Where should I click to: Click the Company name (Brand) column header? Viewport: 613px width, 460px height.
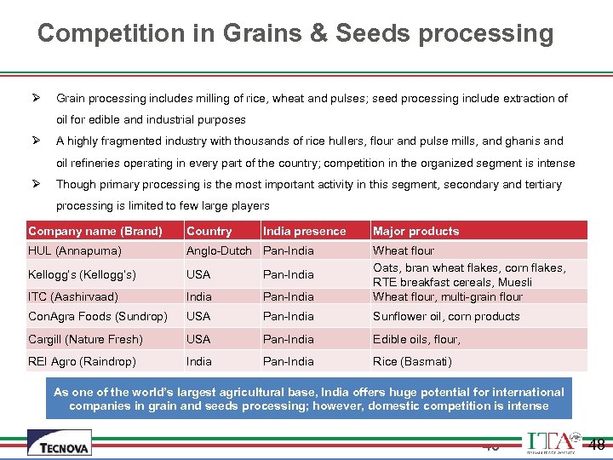(x=95, y=231)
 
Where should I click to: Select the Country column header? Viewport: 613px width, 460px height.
(x=209, y=231)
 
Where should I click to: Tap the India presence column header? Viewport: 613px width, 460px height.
(x=304, y=231)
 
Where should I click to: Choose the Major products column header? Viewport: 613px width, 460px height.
(x=415, y=231)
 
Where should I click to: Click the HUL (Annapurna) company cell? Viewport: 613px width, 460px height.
(x=75, y=250)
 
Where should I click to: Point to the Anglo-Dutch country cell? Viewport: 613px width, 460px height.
(x=219, y=250)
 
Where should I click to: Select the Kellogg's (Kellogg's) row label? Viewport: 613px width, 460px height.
(x=82, y=274)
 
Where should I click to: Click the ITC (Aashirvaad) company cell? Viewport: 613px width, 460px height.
(x=73, y=296)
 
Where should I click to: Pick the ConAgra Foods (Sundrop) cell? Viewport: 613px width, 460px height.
(x=97, y=316)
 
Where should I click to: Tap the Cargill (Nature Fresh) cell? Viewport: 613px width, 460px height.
(x=85, y=339)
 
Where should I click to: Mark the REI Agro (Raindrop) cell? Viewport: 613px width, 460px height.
(x=82, y=361)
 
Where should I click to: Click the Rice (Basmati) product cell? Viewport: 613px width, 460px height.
(x=412, y=361)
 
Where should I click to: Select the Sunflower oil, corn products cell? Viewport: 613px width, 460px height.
(x=446, y=316)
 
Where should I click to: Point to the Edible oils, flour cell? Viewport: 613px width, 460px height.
(x=416, y=339)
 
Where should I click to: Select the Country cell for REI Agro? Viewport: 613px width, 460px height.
(x=199, y=361)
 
